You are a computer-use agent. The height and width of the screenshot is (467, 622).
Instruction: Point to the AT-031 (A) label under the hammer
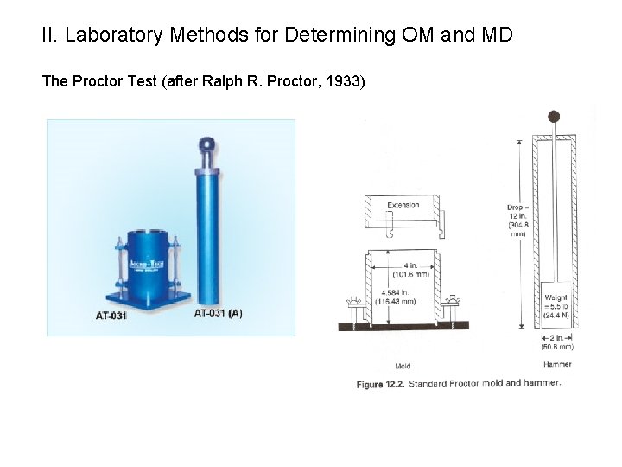point(219,313)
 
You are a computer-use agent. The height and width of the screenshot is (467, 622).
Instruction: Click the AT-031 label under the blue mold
point(111,316)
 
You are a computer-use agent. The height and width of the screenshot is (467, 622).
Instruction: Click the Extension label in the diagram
point(403,205)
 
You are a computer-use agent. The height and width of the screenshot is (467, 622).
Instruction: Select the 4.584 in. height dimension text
point(397,297)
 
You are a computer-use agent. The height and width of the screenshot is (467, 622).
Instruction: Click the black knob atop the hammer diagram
point(554,117)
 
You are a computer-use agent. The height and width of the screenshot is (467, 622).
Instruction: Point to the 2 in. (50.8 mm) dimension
point(557,342)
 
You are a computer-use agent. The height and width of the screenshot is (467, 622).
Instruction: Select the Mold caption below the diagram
point(403,366)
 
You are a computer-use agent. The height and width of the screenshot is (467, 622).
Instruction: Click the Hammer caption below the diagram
point(557,364)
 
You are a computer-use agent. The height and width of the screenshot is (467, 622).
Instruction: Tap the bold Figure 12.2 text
point(381,383)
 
